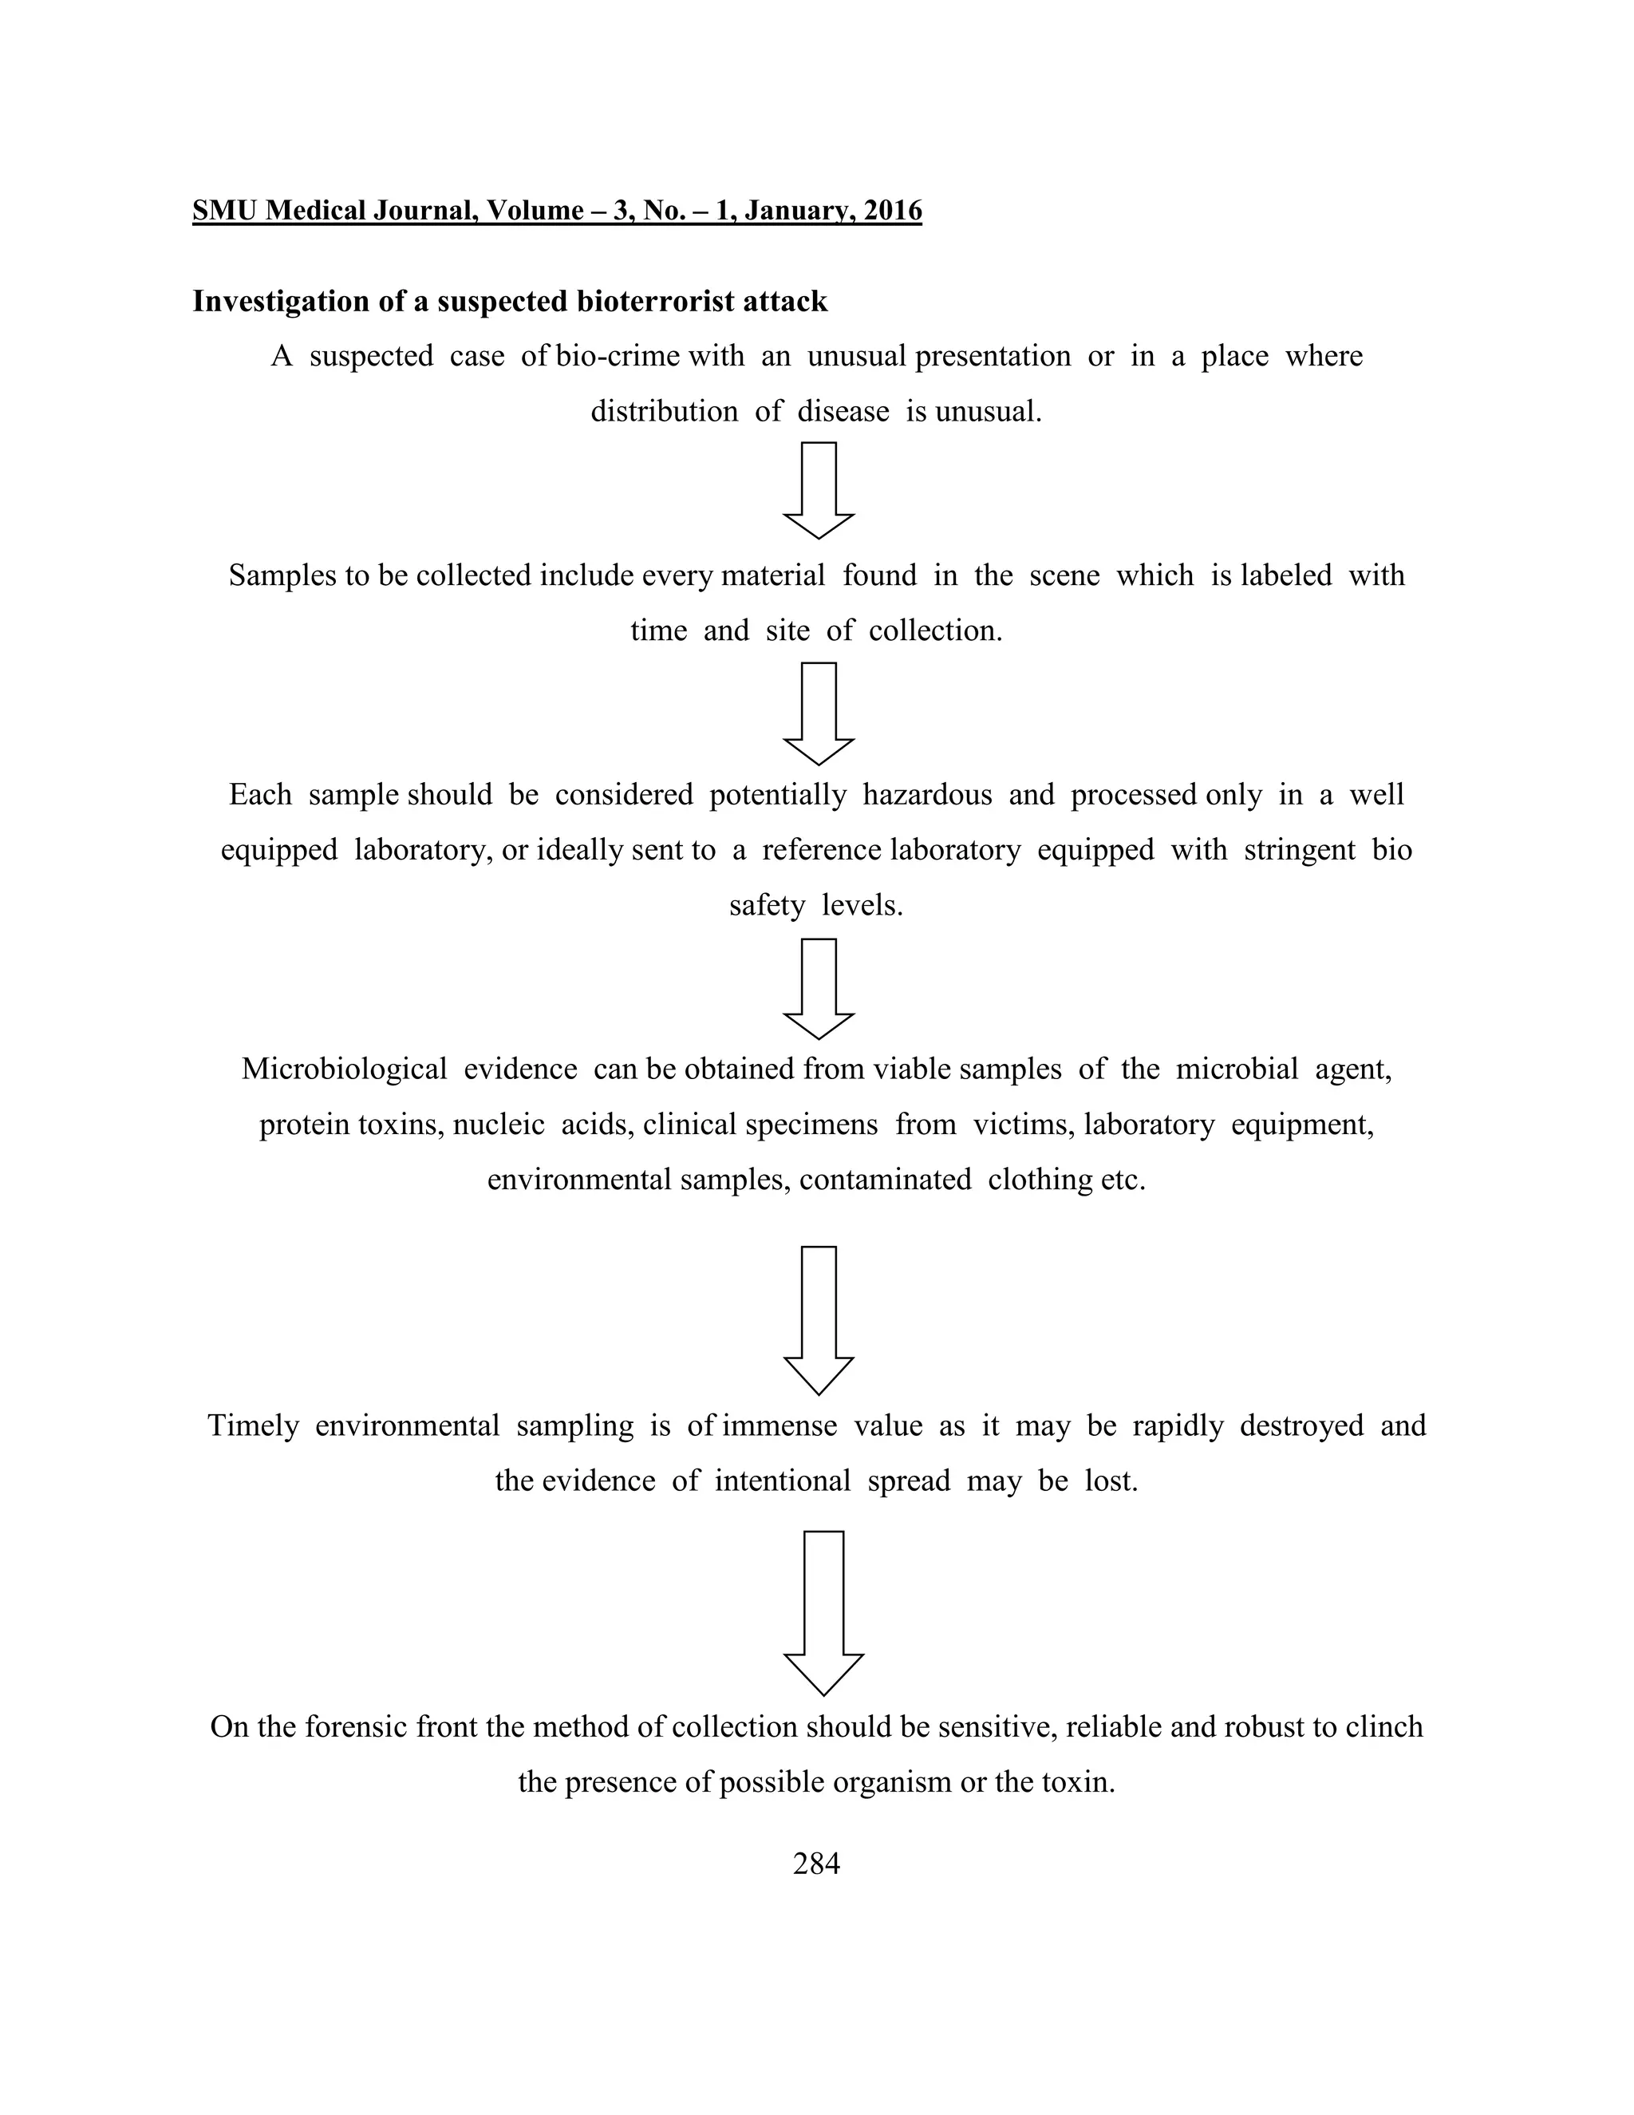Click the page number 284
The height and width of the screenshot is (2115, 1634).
click(816, 1864)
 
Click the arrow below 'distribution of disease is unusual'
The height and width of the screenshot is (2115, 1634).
click(819, 490)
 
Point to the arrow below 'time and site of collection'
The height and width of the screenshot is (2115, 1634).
click(819, 713)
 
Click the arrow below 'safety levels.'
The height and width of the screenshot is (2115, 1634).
click(819, 988)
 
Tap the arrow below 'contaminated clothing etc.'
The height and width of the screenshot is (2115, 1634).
click(819, 1319)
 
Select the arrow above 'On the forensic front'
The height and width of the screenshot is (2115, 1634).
click(823, 1611)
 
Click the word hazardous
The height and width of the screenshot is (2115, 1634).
click(927, 795)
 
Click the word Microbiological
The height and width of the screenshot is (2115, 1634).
click(344, 1069)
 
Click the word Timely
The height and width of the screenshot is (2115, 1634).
click(253, 1425)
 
